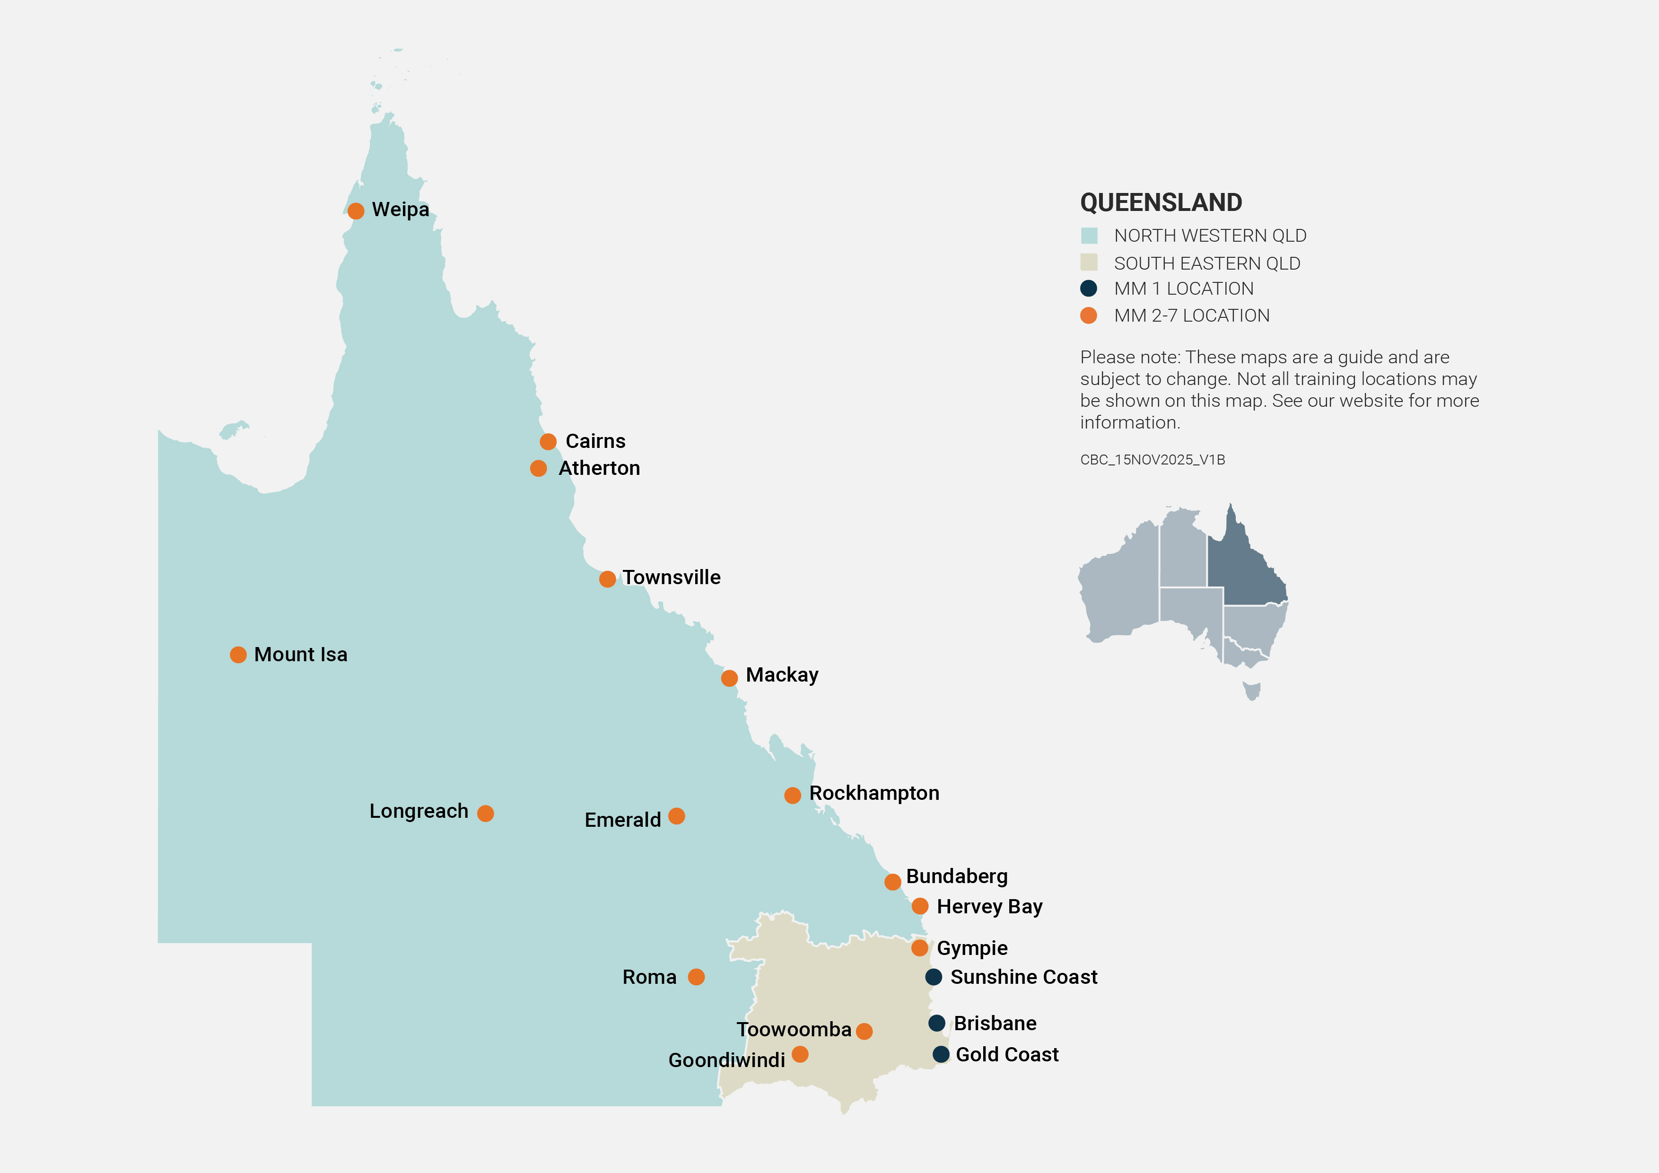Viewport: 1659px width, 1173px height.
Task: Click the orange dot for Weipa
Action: tap(356, 211)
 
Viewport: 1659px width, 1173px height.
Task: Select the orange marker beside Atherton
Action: tap(538, 468)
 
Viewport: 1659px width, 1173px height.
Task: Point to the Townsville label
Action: tap(671, 578)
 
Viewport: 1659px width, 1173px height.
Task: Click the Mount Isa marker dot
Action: tap(238, 655)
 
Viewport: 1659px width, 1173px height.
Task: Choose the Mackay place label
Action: tap(782, 675)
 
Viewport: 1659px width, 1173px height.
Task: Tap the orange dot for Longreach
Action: tap(486, 813)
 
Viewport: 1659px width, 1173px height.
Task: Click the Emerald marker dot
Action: tap(676, 816)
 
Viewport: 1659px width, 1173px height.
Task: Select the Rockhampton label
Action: tap(873, 793)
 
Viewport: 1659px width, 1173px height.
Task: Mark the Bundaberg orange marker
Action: tap(892, 882)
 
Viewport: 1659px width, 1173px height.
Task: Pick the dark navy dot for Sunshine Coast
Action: tap(934, 977)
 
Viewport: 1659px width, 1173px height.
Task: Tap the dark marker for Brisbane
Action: tap(936, 1023)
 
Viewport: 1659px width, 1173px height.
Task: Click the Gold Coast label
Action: tap(1006, 1054)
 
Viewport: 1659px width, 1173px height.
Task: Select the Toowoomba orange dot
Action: tap(864, 1032)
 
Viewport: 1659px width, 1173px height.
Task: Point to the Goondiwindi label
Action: tap(726, 1060)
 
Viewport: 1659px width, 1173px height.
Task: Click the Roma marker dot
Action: tap(696, 977)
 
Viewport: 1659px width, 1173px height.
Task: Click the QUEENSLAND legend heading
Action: tap(1161, 202)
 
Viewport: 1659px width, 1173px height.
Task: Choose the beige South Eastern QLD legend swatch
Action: tap(1089, 263)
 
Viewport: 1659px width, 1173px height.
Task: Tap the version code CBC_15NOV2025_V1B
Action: tap(1153, 460)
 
